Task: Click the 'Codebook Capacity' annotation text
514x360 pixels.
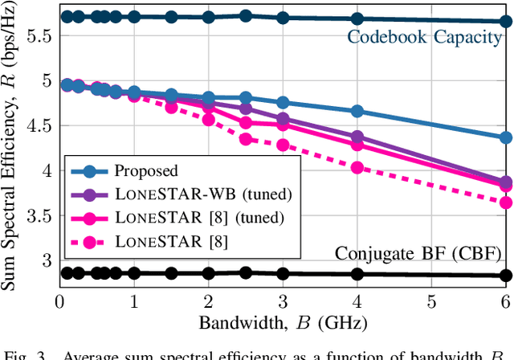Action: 424,37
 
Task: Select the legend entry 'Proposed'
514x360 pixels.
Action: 146,170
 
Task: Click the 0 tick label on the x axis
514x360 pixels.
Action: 59,301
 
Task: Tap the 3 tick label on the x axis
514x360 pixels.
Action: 283,301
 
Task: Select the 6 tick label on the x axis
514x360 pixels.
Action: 505,301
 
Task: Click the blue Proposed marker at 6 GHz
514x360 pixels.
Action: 505,138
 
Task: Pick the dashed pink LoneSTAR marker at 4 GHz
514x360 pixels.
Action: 357,168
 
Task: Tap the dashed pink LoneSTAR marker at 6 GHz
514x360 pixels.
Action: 505,202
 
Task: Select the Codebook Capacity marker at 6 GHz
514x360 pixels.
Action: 505,22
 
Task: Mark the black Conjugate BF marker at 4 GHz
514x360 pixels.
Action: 357,274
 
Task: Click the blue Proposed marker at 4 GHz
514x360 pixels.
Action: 357,112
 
